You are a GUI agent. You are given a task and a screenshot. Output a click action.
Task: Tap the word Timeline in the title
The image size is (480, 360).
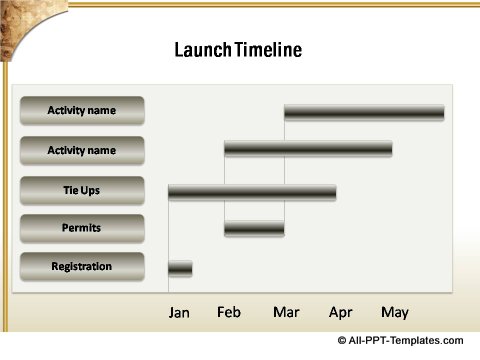[268, 50]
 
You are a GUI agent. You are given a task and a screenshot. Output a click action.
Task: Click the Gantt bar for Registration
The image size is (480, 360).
[180, 268]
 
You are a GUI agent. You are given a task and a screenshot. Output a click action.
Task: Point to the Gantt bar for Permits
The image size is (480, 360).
[254, 229]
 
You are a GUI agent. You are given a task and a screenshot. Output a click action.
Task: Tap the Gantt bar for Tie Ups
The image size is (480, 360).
[252, 190]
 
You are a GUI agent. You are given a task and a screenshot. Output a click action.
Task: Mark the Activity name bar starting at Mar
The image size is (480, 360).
[364, 112]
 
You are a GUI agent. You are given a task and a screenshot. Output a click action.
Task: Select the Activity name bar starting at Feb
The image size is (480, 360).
[308, 150]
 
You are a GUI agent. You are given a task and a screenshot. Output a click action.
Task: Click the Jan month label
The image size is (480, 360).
[179, 313]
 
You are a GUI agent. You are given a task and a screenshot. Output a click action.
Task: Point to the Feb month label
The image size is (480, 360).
[229, 313]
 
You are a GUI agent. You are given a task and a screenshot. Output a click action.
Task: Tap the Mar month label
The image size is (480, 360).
[286, 313]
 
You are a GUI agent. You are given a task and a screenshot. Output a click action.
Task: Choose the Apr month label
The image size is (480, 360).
[341, 313]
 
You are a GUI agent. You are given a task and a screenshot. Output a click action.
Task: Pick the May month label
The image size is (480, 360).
[395, 313]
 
